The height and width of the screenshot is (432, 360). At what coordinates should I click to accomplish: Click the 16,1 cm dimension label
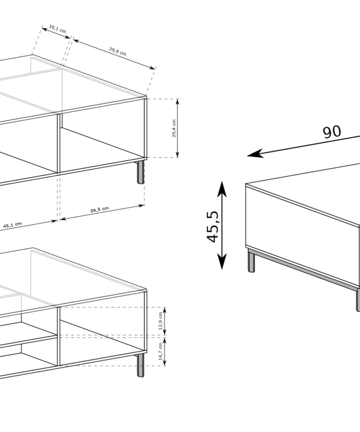point(58,29)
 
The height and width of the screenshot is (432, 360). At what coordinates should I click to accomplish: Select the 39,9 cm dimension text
point(117,51)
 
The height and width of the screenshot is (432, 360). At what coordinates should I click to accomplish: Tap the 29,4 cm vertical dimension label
point(174,128)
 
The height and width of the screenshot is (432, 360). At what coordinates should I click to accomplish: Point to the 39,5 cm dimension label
point(99,210)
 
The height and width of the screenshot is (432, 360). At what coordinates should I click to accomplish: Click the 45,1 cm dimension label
point(13,225)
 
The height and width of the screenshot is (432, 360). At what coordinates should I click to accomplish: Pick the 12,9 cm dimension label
point(161,321)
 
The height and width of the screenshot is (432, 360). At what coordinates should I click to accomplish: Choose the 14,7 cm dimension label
point(161,351)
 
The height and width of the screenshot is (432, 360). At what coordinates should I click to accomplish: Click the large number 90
point(332,132)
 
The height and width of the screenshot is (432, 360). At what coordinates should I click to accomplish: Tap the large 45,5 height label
point(212,227)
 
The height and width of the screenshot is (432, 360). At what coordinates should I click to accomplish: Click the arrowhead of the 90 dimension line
point(255,154)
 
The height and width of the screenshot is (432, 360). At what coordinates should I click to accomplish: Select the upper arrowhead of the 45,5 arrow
point(222,189)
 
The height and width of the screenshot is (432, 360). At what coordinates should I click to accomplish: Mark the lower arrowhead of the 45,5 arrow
point(222,261)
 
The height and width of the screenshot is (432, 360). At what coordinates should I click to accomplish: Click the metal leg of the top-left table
point(141,172)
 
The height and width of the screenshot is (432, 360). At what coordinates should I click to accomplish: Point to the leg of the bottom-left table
point(141,365)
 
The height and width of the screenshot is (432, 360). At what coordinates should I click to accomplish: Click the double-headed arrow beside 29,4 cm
point(177,128)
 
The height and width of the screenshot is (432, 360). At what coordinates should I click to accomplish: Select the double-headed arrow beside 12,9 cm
point(165,321)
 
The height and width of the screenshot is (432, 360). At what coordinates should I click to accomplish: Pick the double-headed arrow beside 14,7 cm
point(165,352)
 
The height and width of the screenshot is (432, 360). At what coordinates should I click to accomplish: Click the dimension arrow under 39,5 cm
point(102,212)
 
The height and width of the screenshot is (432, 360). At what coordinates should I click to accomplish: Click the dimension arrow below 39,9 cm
point(114,54)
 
